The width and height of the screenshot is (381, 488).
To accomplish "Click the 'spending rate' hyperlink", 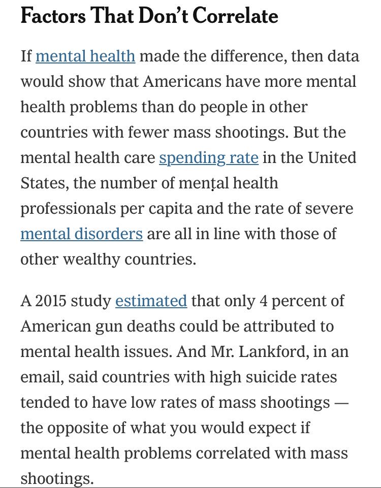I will coord(209,157).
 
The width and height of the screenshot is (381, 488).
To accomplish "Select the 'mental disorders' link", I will coord(81,234).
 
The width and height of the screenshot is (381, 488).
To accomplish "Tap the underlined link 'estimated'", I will coord(151,301).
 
